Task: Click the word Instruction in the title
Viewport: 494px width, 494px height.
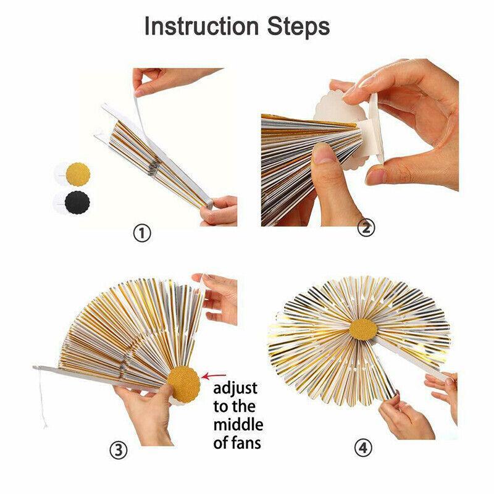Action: click(x=201, y=26)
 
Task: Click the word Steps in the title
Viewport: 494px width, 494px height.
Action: click(x=299, y=27)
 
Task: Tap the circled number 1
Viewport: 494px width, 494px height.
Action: click(x=142, y=233)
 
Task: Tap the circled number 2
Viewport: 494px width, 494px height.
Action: click(x=366, y=228)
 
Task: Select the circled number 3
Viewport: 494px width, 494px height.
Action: click(x=119, y=451)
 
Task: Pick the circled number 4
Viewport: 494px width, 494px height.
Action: click(x=363, y=447)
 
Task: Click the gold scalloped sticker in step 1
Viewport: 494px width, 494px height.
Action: click(x=78, y=174)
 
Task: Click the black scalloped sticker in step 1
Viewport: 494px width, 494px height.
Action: click(x=77, y=202)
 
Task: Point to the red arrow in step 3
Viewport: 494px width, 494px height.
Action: click(x=214, y=376)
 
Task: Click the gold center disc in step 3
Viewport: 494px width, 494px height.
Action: click(x=183, y=383)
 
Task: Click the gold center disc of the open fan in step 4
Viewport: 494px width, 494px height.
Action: click(x=364, y=329)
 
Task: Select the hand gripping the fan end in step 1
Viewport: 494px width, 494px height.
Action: click(x=219, y=211)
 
